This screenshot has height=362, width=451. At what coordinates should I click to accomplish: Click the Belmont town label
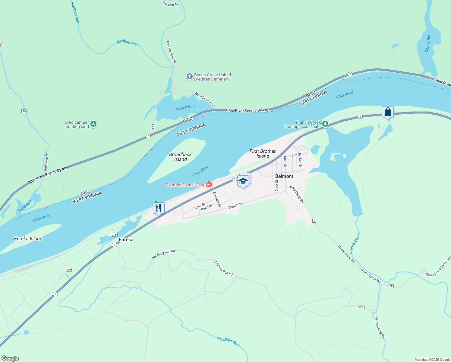[284, 176]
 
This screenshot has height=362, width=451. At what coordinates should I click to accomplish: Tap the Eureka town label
[126, 240]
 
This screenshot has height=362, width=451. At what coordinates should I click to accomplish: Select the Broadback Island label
[180, 157]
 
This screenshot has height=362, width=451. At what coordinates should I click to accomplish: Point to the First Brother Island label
[263, 154]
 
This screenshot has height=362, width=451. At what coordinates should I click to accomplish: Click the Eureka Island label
[28, 239]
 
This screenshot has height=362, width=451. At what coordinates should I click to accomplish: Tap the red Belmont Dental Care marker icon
[209, 185]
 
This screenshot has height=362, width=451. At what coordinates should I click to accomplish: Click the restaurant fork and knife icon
[159, 208]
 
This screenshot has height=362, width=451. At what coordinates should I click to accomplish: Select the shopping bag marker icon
[388, 112]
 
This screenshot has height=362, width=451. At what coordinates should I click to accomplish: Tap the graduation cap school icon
[243, 181]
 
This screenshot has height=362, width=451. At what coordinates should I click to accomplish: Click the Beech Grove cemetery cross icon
[189, 77]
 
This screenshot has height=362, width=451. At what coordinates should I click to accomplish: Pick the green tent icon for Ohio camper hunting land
[93, 124]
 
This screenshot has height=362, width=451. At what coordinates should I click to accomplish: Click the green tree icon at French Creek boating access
[325, 124]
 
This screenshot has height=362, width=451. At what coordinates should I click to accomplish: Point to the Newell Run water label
[185, 107]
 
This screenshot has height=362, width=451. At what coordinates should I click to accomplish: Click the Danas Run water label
[427, 43]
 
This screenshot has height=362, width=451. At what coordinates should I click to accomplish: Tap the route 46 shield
[24, 111]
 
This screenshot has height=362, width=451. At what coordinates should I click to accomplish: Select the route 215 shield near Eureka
[114, 235]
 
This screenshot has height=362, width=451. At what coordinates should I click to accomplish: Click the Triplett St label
[235, 206]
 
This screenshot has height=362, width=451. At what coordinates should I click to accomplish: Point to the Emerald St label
[217, 199]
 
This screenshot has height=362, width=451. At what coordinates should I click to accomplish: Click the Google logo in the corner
[10, 358]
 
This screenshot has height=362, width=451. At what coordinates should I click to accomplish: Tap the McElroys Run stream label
[228, 341]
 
